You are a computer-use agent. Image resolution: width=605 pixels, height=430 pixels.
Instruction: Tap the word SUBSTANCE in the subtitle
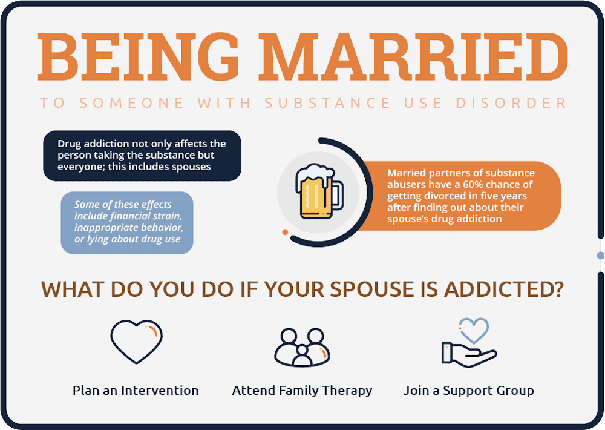pos(327,102)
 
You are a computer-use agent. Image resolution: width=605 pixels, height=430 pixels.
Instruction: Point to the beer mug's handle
pos(336,194)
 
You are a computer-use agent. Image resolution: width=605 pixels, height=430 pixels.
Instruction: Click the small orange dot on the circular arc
pos(285,232)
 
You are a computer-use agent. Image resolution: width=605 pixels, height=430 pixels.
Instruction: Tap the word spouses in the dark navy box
pos(189,167)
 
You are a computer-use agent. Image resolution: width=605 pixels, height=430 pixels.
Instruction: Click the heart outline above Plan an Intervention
pos(136,341)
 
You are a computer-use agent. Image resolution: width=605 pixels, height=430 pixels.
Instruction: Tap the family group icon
pos(302,347)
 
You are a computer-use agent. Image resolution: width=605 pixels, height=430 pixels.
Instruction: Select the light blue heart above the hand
pos(473,330)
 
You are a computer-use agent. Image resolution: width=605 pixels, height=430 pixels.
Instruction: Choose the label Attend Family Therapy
pos(302,391)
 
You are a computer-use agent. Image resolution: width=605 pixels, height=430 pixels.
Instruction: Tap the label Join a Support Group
pos(468,391)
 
